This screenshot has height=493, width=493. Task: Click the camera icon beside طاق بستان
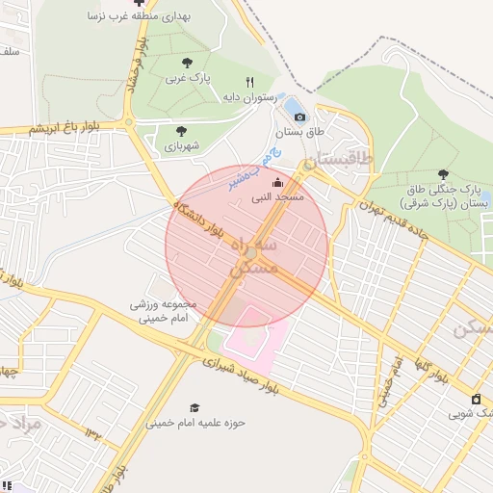[300, 117]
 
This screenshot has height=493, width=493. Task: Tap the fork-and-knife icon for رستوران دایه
[250, 82]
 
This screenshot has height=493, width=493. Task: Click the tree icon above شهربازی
[181, 131]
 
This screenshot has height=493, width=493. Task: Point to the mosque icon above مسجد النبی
[278, 182]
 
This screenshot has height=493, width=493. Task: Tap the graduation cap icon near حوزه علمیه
[195, 408]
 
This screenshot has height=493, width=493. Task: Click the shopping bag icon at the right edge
[476, 400]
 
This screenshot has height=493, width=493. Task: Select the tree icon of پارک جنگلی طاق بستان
[443, 174]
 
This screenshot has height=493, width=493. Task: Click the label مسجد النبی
[277, 197]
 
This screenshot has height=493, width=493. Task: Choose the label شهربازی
[180, 146]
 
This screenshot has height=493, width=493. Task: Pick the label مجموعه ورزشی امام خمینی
[164, 310]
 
